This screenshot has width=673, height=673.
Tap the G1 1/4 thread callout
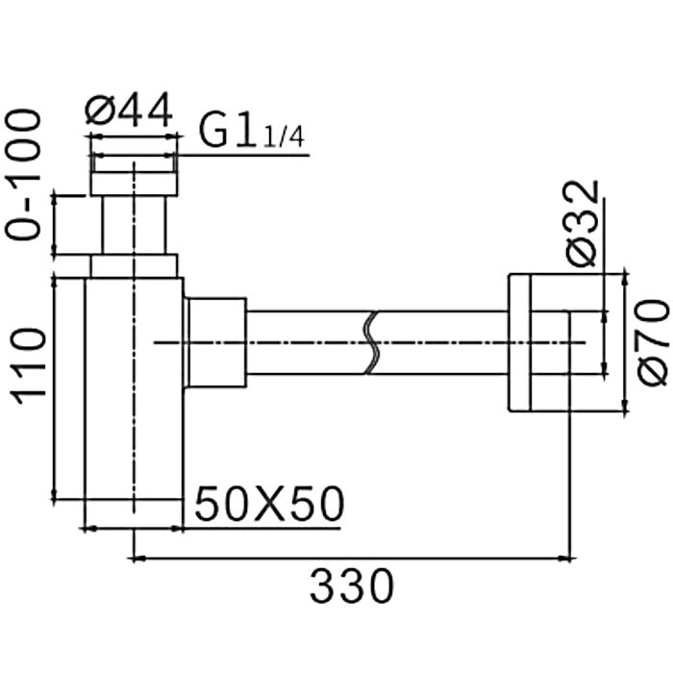tap(252, 131)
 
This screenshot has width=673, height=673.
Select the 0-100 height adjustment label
tap(24, 174)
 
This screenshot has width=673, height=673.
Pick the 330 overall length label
tap(352, 585)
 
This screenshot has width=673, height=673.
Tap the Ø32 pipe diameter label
tap(584, 222)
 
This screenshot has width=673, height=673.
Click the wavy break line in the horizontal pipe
tap(373, 342)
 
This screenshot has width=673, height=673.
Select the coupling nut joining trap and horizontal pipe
tap(216, 342)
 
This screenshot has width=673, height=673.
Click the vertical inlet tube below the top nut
tap(135, 225)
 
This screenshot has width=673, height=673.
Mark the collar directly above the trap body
tap(134, 265)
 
